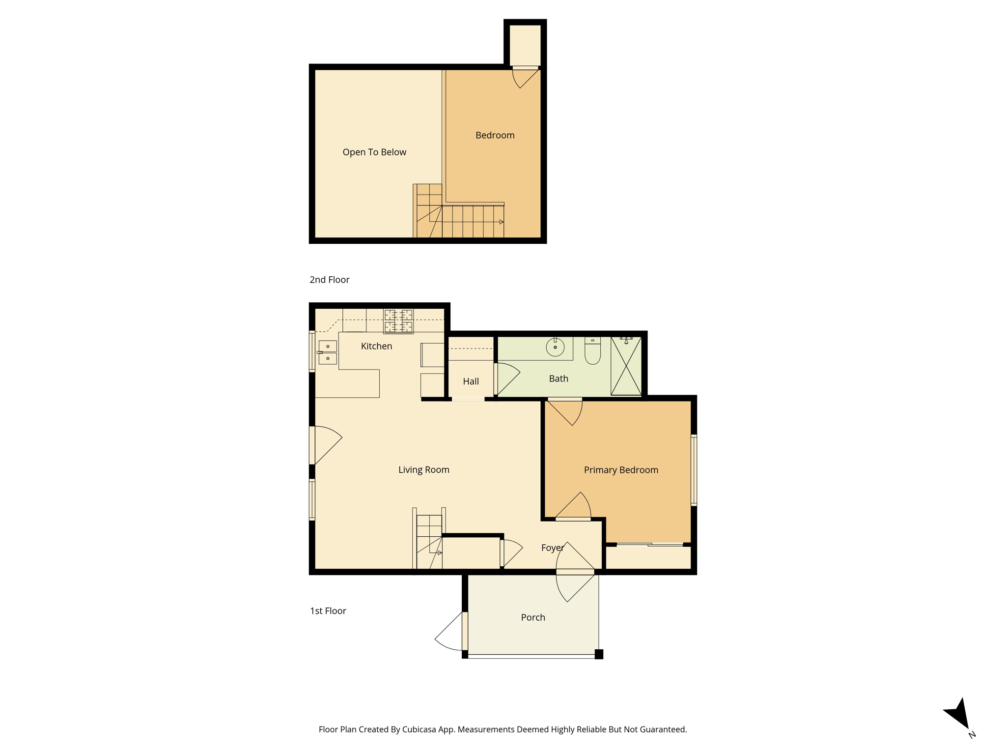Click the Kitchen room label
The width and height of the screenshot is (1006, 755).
point(376,346)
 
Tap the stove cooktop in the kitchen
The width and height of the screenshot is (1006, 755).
point(398,321)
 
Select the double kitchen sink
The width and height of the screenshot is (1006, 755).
point(328,352)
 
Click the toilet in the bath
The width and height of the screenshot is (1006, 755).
point(592,350)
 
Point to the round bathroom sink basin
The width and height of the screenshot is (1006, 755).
point(555,347)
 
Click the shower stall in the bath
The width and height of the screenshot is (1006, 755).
point(626,366)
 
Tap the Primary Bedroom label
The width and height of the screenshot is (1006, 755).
point(621,470)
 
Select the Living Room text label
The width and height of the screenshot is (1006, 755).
point(424,470)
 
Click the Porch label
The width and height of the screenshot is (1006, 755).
point(533,617)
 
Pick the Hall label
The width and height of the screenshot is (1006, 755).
point(471,381)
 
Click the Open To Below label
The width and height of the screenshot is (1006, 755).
point(374,152)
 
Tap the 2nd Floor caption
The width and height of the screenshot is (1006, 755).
point(330,280)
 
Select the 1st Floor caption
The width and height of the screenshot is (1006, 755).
point(328,611)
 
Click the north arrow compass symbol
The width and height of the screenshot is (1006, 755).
point(958,714)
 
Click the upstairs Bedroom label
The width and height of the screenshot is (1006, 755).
point(495,135)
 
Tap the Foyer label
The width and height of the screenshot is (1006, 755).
point(553,548)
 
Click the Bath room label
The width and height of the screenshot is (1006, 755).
point(559,378)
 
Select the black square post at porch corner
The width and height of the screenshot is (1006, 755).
point(599,654)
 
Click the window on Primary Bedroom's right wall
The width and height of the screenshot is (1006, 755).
point(694,470)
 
